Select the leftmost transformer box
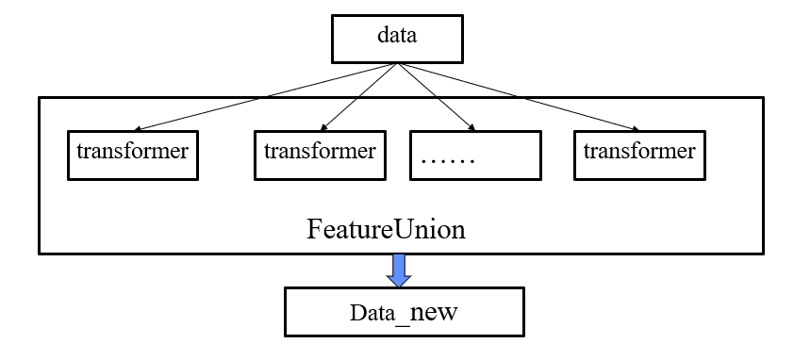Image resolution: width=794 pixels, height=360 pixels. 132,154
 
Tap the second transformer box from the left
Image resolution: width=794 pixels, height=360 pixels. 319,154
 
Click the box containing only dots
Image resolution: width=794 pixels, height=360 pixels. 475,155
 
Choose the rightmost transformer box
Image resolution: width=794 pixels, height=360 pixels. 638,154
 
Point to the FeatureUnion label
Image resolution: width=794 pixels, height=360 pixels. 386,229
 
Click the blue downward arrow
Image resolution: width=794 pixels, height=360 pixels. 400,270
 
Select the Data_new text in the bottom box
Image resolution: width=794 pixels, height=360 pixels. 402,311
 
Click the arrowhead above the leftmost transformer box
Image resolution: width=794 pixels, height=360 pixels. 138,129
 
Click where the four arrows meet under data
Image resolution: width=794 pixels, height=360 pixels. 398,63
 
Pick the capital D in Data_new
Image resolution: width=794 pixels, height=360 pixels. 355,311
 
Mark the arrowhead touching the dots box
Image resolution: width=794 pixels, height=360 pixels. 469,129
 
